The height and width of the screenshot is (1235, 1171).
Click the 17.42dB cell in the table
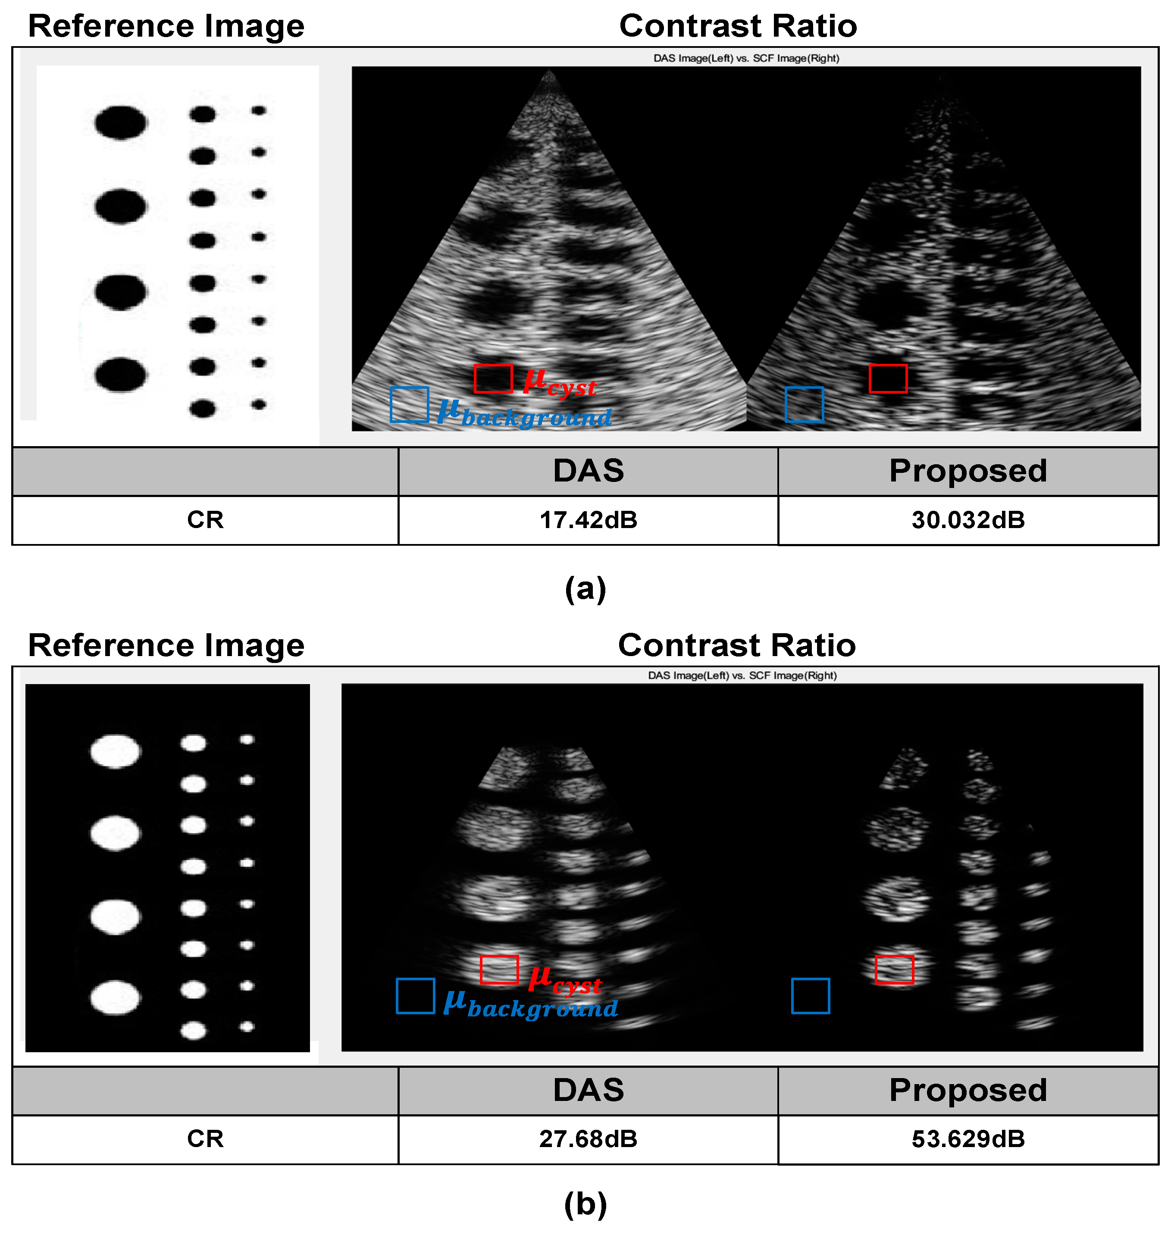[x=588, y=520]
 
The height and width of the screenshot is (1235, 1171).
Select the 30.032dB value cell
[x=967, y=520]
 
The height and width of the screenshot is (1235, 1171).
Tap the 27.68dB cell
[x=588, y=1139]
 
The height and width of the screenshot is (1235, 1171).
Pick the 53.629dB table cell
[x=967, y=1139]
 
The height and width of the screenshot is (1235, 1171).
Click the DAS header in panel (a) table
[x=588, y=471]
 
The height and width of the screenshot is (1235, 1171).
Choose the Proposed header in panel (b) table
[x=967, y=1090]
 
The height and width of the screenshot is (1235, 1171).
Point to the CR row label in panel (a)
[x=205, y=520]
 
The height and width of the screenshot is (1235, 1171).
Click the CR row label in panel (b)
[x=205, y=1139]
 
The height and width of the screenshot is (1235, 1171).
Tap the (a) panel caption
[x=585, y=588]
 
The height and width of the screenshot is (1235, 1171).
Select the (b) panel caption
[x=585, y=1204]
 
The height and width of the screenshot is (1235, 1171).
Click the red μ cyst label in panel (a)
[x=559, y=382]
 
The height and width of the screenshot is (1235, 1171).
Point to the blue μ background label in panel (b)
[x=531, y=1005]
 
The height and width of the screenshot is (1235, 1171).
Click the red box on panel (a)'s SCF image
[x=888, y=379]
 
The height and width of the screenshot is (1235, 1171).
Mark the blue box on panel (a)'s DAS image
[x=409, y=404]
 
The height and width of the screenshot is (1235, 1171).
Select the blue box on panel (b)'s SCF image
[x=810, y=996]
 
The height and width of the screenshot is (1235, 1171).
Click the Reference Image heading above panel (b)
[x=166, y=645]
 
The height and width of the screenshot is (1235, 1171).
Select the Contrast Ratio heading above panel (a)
[x=738, y=26]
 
